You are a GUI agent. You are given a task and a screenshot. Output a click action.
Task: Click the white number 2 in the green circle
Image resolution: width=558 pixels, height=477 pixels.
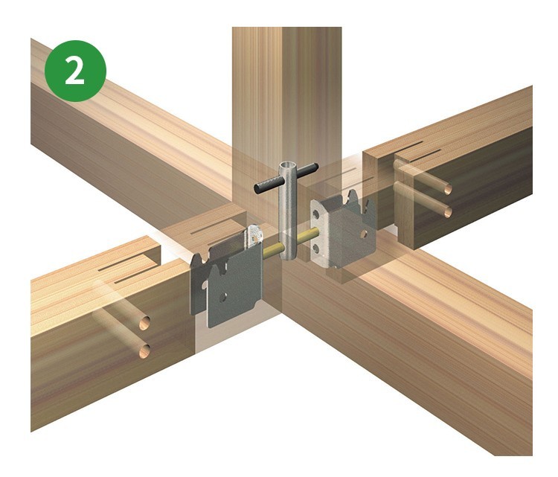pos(74,71)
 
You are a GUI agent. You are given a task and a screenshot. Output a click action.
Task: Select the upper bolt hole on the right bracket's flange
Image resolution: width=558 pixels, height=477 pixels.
pos(315,214)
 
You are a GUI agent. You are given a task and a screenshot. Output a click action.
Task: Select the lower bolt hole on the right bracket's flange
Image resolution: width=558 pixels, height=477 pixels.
pos(316,248)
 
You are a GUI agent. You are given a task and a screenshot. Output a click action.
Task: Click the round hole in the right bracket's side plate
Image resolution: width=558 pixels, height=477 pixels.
pos(364,234)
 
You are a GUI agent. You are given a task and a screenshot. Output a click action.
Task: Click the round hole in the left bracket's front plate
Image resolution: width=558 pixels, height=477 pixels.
pos(222,297)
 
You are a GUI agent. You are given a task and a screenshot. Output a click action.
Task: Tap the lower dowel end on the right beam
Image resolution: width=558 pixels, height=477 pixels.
pos(448,212)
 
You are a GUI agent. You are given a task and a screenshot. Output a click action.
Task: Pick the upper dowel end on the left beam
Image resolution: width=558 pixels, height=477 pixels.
pos(144,323)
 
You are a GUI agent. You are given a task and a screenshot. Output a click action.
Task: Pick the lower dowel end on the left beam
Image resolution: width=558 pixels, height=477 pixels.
pos(144,351)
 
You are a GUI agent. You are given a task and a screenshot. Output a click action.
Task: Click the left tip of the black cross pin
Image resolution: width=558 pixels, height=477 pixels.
pos(257,190)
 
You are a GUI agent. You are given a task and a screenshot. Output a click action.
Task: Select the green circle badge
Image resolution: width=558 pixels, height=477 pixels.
pos(75,71)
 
